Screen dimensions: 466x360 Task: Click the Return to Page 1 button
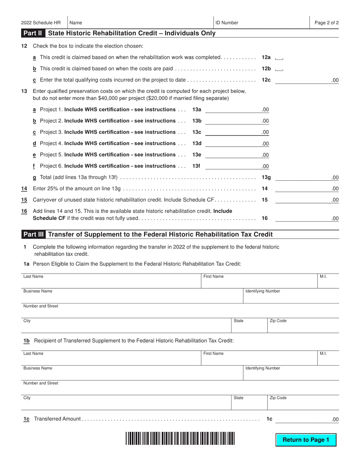[306, 440]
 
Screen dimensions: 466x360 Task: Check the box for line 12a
[279, 58]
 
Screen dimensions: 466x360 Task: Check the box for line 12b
[279, 69]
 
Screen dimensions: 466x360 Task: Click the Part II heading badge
[33, 33]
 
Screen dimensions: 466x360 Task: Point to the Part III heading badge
[34, 235]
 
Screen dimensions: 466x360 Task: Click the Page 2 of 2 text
[327, 23]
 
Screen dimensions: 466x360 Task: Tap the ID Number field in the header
[261, 23]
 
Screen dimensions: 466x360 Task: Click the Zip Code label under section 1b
[278, 398]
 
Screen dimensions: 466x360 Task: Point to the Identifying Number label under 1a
[263, 291]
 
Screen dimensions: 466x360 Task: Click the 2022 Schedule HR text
[41, 23]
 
